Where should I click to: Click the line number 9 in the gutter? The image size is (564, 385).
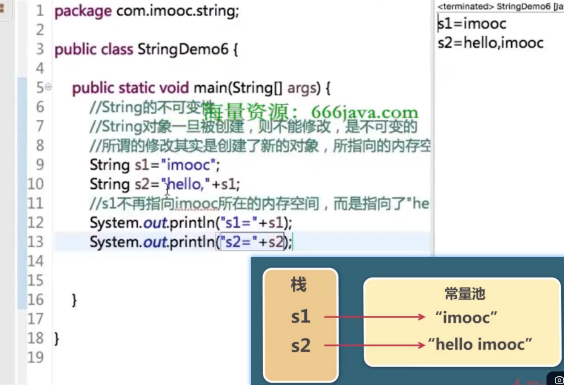point(40,165)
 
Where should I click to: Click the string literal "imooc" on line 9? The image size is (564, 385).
point(189,165)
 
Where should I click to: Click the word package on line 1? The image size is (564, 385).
point(83,11)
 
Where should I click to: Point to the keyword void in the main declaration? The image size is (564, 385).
point(173,88)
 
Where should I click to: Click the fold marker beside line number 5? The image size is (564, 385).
point(48,87)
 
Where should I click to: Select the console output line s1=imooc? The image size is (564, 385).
point(472,24)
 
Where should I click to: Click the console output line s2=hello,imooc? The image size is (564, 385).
point(491,43)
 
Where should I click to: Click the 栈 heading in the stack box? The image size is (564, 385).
point(299,285)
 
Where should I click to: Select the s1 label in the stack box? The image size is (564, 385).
point(300,317)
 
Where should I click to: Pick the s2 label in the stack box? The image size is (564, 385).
point(300,346)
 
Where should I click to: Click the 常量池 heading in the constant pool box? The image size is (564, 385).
point(465,294)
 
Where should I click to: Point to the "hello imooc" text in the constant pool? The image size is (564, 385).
point(480,344)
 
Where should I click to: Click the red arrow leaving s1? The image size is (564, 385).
point(374,317)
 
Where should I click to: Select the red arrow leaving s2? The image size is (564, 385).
point(374,345)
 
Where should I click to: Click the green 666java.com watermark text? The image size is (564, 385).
point(364,113)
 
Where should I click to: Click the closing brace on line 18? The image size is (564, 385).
point(57,339)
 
